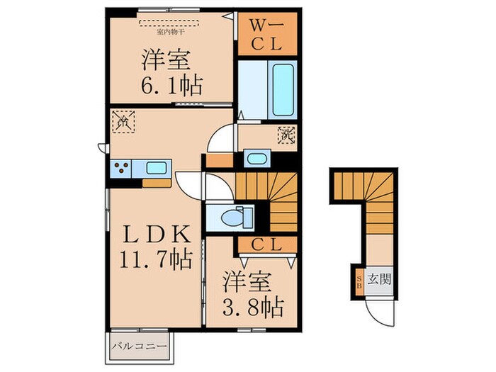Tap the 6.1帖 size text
pyautogui.click(x=171, y=86)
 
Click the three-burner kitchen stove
pyautogui.click(x=121, y=169)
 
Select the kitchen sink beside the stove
pyautogui.click(x=156, y=169)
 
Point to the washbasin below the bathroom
pyautogui.click(x=255, y=157)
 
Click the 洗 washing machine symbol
pyautogui.click(x=286, y=134)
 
